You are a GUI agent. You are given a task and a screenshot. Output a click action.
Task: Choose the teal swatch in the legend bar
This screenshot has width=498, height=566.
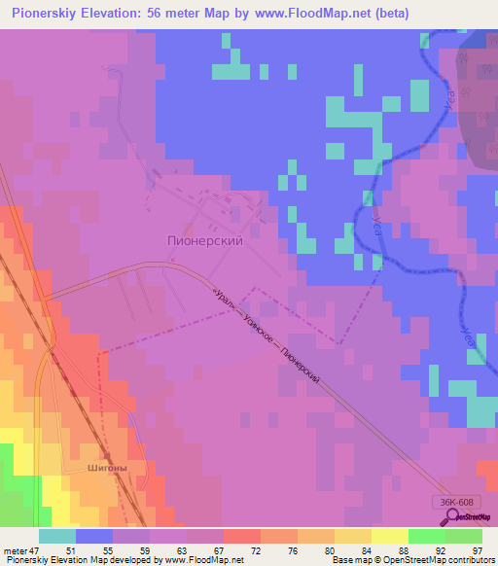pyautogui.click(x=57, y=535)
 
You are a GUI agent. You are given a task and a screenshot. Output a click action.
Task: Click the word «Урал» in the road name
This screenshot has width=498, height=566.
pyautogui.click(x=223, y=293)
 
